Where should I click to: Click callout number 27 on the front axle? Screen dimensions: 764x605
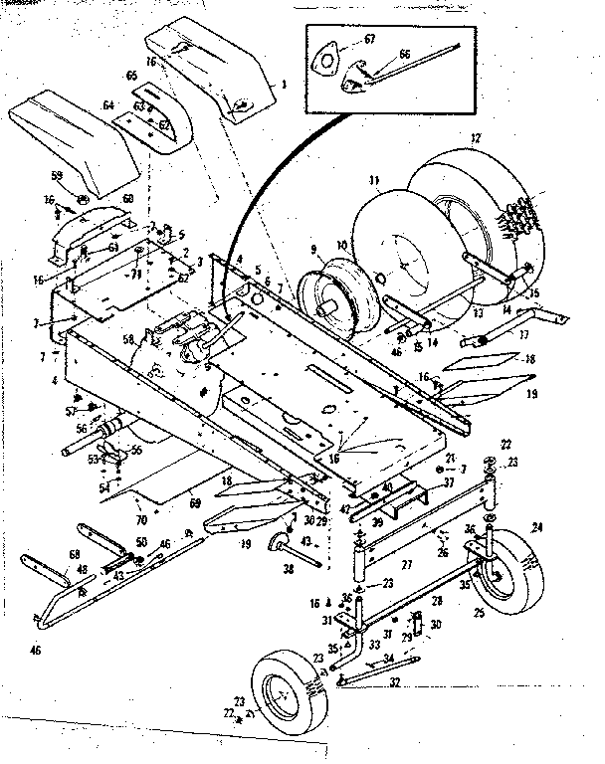(x=407, y=563)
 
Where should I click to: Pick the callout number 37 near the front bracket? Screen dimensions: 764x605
(x=449, y=481)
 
